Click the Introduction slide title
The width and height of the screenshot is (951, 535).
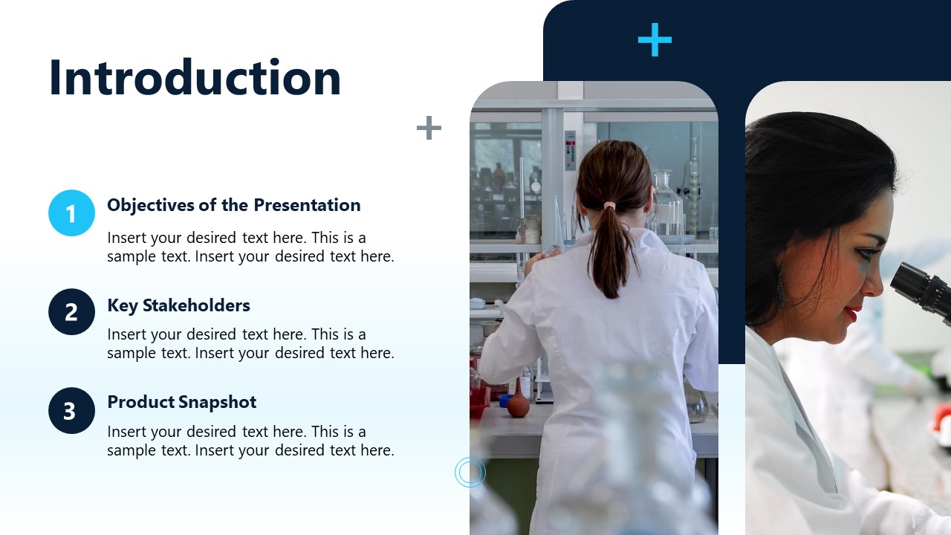[x=195, y=78]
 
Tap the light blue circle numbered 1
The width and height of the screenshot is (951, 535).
[x=71, y=213]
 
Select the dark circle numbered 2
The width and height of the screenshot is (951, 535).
[x=71, y=312]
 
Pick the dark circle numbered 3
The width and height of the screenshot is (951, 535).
[x=71, y=411]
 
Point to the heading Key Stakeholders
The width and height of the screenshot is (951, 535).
[x=178, y=305]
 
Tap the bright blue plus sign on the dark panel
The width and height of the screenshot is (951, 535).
[x=655, y=40]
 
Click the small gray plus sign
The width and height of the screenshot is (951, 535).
[x=429, y=128]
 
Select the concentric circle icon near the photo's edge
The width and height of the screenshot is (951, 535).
[x=470, y=472]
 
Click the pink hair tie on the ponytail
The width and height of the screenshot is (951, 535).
[x=609, y=204]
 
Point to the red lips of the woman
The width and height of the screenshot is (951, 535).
[x=852, y=312]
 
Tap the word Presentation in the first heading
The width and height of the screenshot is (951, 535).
[x=306, y=205]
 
